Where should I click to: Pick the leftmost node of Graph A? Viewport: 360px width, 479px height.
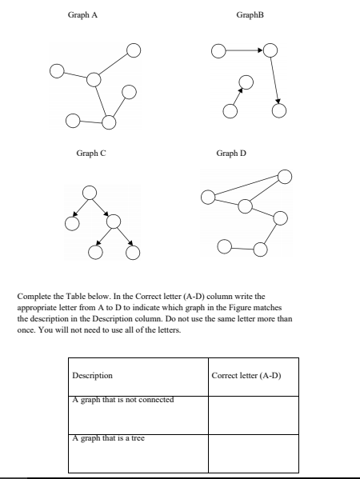[56, 70]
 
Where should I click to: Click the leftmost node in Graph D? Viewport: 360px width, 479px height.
[208, 197]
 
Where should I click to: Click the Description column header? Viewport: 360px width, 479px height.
[92, 375]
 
